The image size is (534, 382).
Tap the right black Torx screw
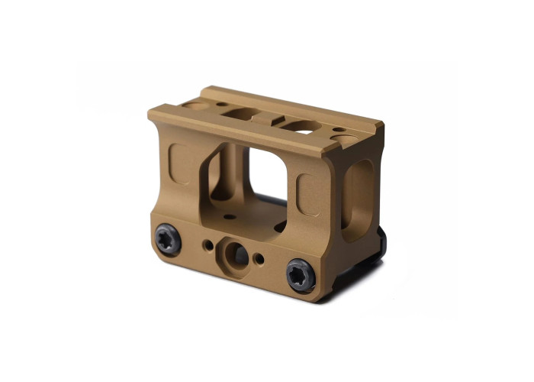coord(301,274)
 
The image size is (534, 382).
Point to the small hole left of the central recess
coord(208,246)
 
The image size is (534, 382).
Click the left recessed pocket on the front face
coord(181,163)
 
